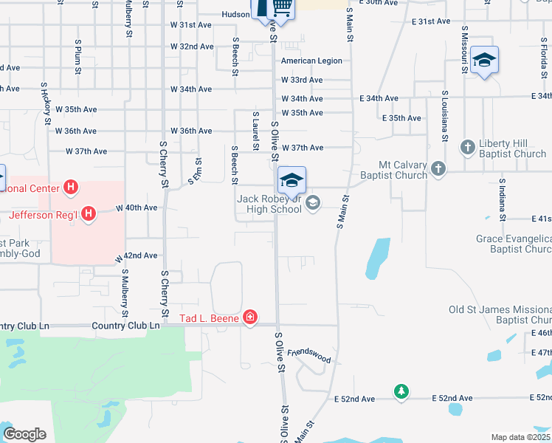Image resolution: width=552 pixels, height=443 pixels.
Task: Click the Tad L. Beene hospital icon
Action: pos(251,317)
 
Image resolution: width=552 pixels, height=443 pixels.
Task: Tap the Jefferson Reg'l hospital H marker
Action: pos(88,215)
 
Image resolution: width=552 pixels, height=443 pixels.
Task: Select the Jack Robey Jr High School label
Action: pos(269,204)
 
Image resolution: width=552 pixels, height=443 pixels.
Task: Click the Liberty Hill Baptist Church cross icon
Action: pos(466,148)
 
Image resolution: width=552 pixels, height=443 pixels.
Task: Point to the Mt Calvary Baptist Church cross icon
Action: pos(438,169)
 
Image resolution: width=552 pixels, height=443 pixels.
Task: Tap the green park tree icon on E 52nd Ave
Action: pos(401,391)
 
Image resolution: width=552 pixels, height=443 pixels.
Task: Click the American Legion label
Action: pos(311,61)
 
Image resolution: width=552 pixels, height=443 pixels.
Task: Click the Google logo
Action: pos(24,434)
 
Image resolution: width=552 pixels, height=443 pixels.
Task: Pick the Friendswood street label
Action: pos(309,356)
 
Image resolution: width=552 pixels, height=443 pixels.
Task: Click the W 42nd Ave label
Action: pos(136,255)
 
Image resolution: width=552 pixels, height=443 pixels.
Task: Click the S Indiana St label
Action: pos(501,199)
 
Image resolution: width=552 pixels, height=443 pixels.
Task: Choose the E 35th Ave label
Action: pos(401,118)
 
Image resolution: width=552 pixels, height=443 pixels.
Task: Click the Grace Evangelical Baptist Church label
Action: pos(514,244)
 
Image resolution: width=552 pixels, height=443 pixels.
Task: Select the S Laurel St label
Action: pos(255,131)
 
